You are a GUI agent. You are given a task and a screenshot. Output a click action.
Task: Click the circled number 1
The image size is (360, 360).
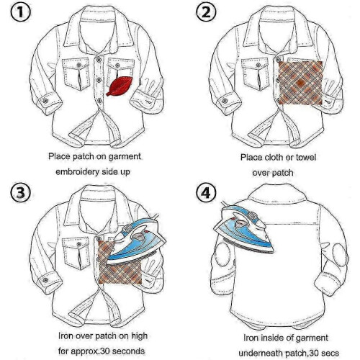click(20, 12)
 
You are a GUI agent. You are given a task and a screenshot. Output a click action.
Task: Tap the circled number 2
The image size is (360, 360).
click(206, 12)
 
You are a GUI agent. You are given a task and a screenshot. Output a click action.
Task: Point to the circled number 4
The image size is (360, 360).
click(206, 193)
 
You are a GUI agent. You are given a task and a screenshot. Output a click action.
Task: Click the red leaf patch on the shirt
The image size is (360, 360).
click(120, 86)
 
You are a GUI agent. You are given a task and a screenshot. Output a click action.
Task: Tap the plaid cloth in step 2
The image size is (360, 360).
click(300, 83)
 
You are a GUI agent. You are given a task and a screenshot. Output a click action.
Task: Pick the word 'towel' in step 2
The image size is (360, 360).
click(306, 158)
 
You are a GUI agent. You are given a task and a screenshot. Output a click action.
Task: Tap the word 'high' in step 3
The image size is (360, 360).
click(139, 336)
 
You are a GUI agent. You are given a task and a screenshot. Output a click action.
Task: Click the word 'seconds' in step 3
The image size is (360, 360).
click(128, 351)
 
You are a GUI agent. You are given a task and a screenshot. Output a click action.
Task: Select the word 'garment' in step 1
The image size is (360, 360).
click(125, 157)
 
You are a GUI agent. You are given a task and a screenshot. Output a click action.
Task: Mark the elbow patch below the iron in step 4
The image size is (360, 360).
click(222, 254)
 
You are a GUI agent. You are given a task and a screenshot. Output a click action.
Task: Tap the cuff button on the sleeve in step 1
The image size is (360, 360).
click(45, 101)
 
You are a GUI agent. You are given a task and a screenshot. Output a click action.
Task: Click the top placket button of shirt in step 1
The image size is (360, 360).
click(99, 60)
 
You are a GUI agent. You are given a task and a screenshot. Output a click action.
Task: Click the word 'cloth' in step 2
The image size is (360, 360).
click(274, 158)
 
